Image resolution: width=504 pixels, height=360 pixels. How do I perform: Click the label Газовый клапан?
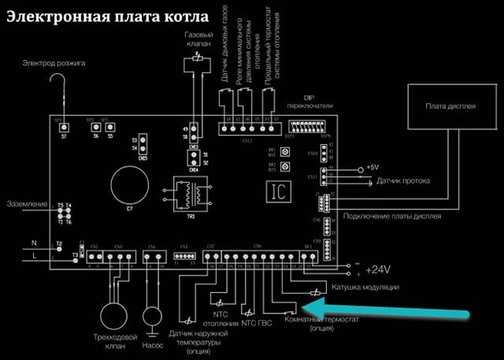(x=198, y=41)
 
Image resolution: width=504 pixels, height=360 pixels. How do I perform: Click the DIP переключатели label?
(x=311, y=101)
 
